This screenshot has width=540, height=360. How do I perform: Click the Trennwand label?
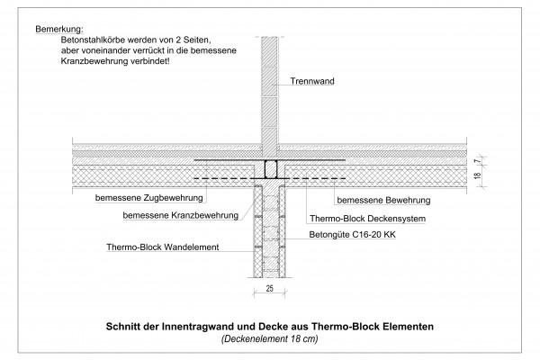click(x=312, y=81)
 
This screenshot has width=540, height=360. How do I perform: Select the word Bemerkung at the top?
click(x=59, y=29)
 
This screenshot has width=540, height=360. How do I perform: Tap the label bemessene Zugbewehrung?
click(x=149, y=198)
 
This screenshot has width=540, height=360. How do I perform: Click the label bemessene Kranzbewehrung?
click(x=181, y=216)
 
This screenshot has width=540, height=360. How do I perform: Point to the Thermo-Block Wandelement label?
click(x=163, y=247)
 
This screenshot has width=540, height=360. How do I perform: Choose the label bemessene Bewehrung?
click(x=383, y=201)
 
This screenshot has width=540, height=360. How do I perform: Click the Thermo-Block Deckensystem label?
click(x=367, y=219)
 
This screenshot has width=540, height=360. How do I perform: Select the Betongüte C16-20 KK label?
click(x=352, y=235)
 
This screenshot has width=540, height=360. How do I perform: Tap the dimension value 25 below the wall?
click(x=270, y=289)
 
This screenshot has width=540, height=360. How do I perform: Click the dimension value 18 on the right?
click(x=477, y=175)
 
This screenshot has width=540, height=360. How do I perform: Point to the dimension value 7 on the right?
click(x=477, y=160)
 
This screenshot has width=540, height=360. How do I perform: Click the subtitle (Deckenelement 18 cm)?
click(x=270, y=339)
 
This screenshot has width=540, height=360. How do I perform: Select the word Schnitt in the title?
click(x=123, y=326)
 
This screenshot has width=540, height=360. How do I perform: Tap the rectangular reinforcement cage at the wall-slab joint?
click(x=271, y=169)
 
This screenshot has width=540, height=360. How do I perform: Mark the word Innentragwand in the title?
click(x=196, y=326)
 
